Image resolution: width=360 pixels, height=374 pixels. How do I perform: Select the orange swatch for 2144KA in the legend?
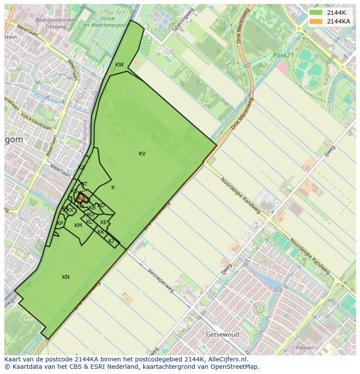point(316,21)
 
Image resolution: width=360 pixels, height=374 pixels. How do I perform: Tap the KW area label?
point(119,65)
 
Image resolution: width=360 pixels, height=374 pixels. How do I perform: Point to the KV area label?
point(142,154)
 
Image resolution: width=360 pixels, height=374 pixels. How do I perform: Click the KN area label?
point(66,277)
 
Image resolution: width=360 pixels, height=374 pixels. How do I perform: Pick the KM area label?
point(78,225)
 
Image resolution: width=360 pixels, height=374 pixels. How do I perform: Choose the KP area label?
point(60,223)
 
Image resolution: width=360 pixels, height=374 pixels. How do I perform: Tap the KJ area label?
point(111,241)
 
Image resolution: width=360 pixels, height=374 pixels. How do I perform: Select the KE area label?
point(103,222)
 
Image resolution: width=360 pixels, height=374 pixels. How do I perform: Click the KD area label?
point(101,205)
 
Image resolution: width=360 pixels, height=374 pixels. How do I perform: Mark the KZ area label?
point(81,168)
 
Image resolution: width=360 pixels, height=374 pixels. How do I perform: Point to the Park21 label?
point(284,56)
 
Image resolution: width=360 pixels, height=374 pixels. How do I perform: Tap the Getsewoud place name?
point(222,334)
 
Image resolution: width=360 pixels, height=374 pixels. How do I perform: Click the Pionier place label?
point(304,348)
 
